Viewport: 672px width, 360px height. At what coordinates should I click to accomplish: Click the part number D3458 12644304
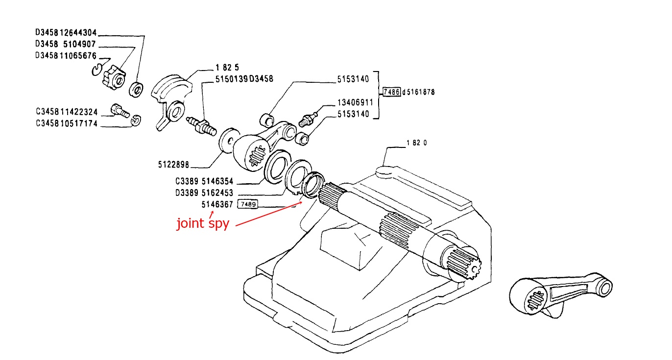[66, 33]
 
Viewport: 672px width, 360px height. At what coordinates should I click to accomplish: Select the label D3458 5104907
[65, 44]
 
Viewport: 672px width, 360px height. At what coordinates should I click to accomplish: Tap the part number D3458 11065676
[66, 55]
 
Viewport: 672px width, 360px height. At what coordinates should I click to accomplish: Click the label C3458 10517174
[66, 124]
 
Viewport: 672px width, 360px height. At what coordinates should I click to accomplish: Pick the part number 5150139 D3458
[243, 78]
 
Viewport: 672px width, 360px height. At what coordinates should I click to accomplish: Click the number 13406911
[355, 103]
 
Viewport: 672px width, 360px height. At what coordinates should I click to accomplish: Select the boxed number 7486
[391, 92]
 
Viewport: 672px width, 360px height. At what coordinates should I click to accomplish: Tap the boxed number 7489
[247, 204]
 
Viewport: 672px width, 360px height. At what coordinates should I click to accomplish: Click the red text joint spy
[203, 224]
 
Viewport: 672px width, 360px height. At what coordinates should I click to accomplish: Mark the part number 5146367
[217, 204]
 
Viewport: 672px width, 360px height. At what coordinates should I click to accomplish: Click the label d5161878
[418, 92]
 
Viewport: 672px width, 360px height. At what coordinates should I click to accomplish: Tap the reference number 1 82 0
[417, 144]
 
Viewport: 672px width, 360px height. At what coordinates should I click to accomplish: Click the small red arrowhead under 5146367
[213, 212]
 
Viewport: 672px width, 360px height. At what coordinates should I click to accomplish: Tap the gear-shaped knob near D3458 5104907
[114, 77]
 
